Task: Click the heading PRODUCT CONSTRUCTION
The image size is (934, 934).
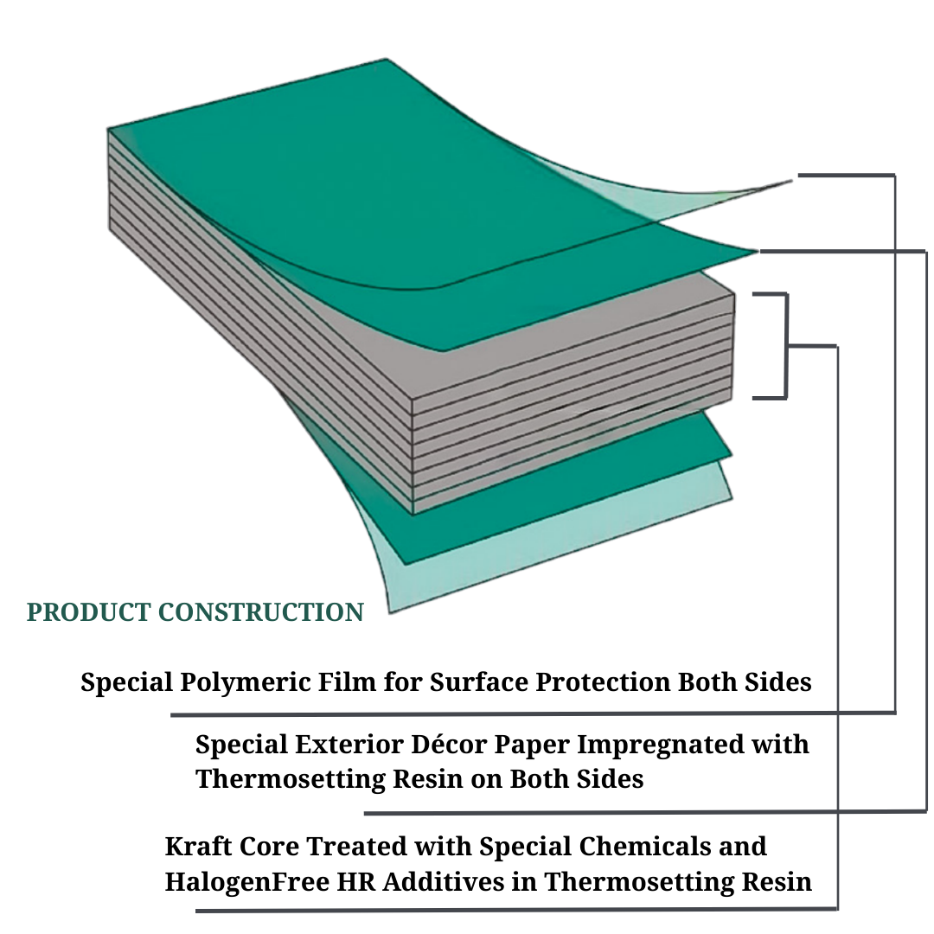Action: (x=195, y=612)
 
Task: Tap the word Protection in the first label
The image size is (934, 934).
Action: (x=603, y=682)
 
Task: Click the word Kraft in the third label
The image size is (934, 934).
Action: (x=192, y=846)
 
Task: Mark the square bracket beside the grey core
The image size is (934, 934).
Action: (x=784, y=346)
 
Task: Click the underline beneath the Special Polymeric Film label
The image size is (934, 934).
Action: (x=519, y=714)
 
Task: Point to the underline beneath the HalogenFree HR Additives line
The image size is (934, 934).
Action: (x=519, y=910)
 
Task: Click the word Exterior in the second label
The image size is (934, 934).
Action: (x=345, y=745)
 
